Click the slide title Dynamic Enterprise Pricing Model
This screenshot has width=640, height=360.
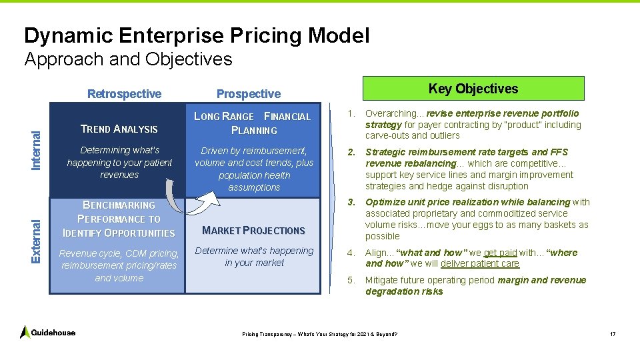(x=196, y=35)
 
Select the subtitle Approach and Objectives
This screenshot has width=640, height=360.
(x=128, y=59)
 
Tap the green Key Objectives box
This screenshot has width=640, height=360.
(x=473, y=89)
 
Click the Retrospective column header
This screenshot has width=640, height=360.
(x=125, y=94)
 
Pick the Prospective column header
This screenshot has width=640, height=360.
(x=249, y=94)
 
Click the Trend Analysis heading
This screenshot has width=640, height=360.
(x=119, y=129)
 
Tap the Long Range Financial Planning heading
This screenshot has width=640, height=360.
(x=253, y=123)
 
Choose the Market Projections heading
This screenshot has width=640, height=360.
(x=253, y=231)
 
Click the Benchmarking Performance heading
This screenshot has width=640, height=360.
(x=119, y=219)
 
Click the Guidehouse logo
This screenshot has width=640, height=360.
(x=48, y=332)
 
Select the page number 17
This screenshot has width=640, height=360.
(x=613, y=333)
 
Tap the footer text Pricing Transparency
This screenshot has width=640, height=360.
(x=319, y=333)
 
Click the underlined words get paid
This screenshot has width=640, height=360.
(x=500, y=253)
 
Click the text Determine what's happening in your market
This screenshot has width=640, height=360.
(x=254, y=257)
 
